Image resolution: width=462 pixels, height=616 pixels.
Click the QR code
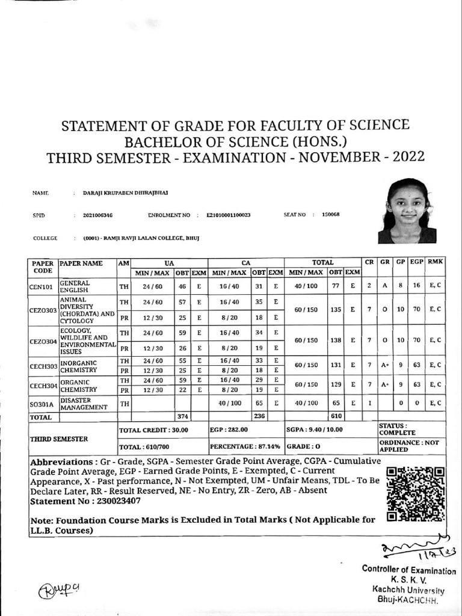click(x=416, y=493)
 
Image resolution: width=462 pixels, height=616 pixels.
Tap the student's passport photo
click(x=407, y=211)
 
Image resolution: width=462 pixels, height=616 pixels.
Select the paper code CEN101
click(x=42, y=286)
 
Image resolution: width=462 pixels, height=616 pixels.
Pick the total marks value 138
click(x=335, y=340)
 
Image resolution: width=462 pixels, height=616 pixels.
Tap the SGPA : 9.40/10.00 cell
click(x=314, y=430)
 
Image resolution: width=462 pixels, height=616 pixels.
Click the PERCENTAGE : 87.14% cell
click(x=246, y=447)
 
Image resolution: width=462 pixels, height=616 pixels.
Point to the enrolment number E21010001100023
click(x=228, y=215)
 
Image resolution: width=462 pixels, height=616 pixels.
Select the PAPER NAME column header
click(x=81, y=263)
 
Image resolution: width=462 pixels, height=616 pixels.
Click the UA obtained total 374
click(x=182, y=416)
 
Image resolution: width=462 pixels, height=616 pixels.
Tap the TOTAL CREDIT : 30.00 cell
click(x=153, y=430)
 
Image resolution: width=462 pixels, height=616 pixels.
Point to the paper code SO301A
click(x=42, y=404)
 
